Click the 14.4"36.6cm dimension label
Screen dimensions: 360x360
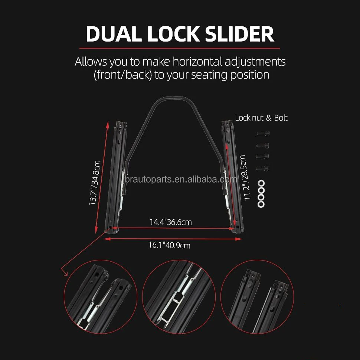coord(171,222)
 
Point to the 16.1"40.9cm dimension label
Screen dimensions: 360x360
coord(170,245)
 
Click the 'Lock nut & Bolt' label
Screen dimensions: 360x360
coord(261,118)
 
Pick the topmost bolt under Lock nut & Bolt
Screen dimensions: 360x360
coord(263,133)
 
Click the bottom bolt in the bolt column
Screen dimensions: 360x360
coord(263,168)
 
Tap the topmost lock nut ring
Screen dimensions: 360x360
coord(261,183)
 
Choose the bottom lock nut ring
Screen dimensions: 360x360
coord(261,204)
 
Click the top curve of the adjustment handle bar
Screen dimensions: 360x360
coord(171,98)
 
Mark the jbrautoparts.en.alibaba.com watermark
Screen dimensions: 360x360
coord(180,180)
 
